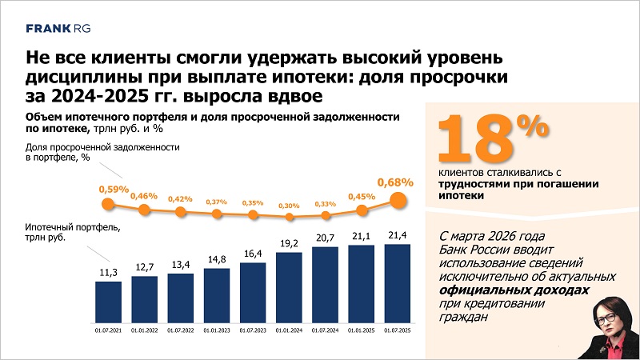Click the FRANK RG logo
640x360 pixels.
[x=58, y=27]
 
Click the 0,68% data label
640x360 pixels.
[x=396, y=182]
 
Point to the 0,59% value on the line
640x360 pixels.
[x=114, y=190]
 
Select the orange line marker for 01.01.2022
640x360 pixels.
[x=144, y=210]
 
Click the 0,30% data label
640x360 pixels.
[x=290, y=205]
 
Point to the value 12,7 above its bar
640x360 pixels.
[x=144, y=266]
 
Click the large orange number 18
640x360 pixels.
[x=477, y=140]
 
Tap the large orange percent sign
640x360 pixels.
[x=532, y=126]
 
